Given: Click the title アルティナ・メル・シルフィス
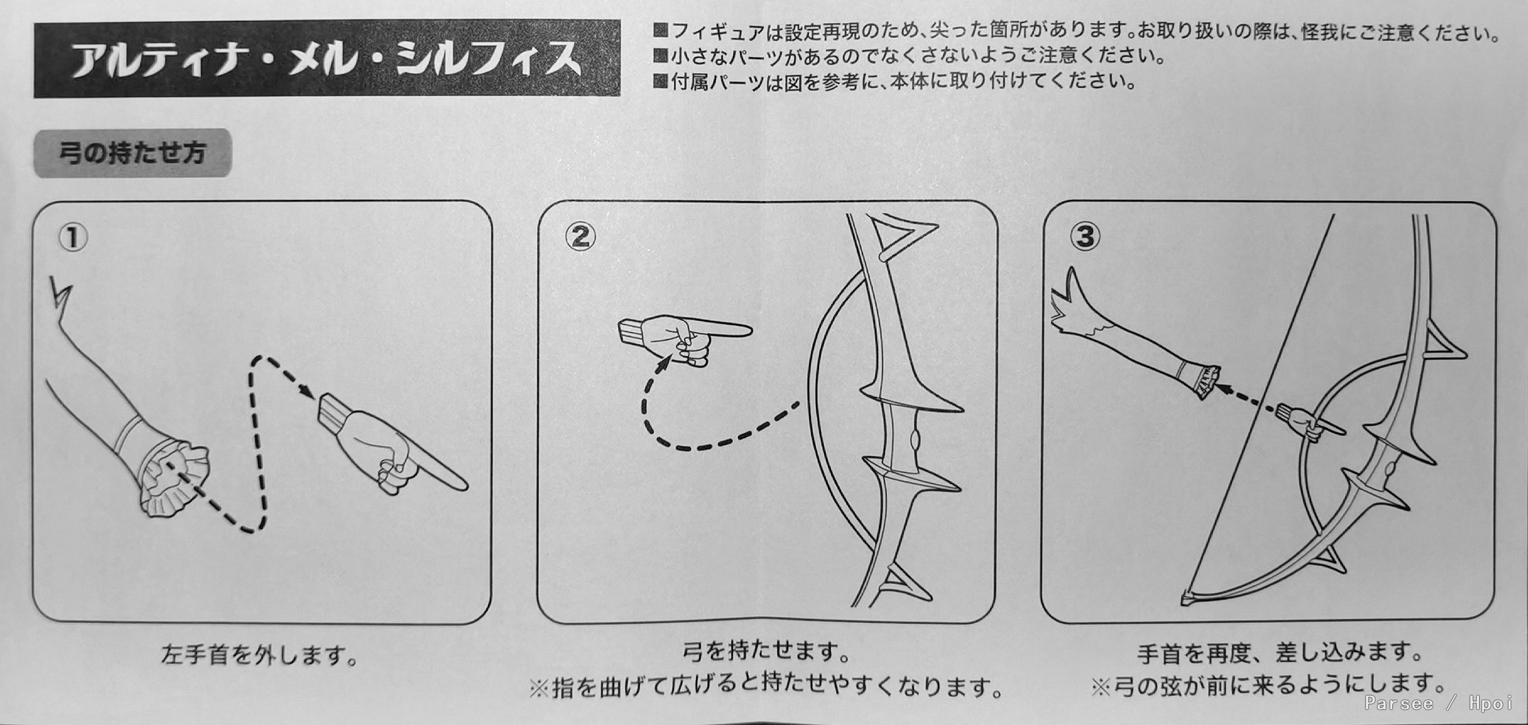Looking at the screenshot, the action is tap(327, 59).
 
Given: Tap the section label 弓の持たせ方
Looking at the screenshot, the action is tap(132, 153).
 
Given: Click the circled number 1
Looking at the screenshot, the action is tap(73, 237).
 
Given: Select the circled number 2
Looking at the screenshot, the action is tap(580, 236).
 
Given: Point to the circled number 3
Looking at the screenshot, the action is tap(1085, 235).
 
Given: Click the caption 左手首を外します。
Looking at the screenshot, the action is tap(260, 656).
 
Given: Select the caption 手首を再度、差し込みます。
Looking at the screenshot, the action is tap(1280, 653).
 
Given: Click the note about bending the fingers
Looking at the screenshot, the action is tap(766, 688).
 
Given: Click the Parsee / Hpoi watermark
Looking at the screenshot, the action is tap(1438, 704).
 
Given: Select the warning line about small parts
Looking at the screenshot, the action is tap(909, 56).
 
